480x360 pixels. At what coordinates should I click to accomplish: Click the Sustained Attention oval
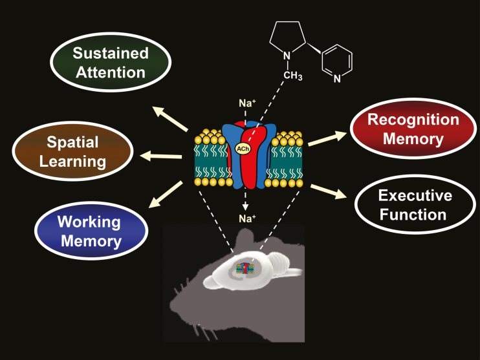tap(110, 62)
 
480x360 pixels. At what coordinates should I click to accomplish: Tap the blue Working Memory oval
tap(89, 232)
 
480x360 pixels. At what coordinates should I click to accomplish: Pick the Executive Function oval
tap(415, 205)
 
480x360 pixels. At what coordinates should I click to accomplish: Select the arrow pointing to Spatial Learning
tap(160, 155)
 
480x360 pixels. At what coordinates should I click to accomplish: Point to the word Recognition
tap(413, 120)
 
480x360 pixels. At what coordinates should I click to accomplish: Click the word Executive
tap(415, 195)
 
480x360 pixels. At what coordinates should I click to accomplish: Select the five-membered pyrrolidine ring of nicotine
tap(290, 40)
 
